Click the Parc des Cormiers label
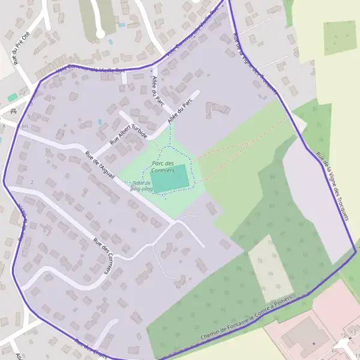click(163, 167)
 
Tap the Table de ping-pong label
click(143, 186)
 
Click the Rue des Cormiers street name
click(104, 256)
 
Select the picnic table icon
click(13, 112)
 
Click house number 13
click(354, 333)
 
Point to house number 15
click(344, 334)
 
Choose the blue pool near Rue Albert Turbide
click(100, 122)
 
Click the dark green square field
click(340, 38)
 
